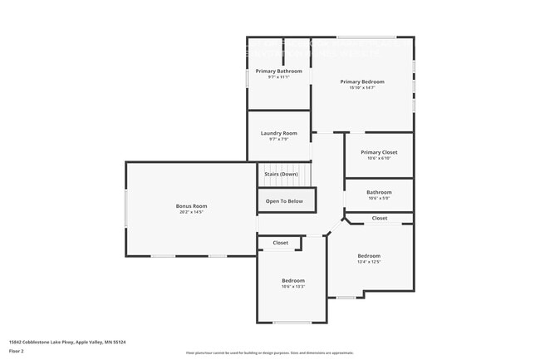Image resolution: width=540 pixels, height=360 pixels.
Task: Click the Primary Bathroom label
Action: [x=278, y=72]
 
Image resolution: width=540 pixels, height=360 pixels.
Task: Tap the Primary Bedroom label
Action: [x=362, y=81]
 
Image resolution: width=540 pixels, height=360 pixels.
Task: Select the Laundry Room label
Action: [x=278, y=133]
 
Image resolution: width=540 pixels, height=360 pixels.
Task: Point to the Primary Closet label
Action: [x=379, y=152]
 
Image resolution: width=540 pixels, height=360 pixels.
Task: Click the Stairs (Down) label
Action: [x=281, y=174]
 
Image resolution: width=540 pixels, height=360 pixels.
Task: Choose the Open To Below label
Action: [x=284, y=201]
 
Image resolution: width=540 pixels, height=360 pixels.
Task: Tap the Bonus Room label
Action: [x=191, y=206]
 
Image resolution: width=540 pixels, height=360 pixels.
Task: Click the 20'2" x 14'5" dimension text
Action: [x=191, y=212]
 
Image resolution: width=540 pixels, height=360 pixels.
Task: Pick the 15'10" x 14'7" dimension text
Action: [x=362, y=88]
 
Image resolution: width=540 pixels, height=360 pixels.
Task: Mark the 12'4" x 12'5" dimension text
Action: [x=369, y=262]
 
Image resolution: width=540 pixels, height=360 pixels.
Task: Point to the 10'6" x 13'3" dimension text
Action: [x=292, y=287]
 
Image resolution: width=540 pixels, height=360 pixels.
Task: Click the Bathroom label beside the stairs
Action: [x=379, y=192]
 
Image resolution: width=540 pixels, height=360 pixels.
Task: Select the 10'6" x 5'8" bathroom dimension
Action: [x=379, y=199]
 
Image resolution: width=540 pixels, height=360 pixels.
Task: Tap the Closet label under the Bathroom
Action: [x=379, y=218]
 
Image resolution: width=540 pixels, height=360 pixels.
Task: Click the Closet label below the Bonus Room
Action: [x=280, y=243]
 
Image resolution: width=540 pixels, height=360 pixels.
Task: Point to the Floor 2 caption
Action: [x=17, y=350]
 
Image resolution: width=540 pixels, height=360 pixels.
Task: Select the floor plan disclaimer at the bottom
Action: [x=269, y=353]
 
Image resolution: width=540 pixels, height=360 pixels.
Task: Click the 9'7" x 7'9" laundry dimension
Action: [x=278, y=140]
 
